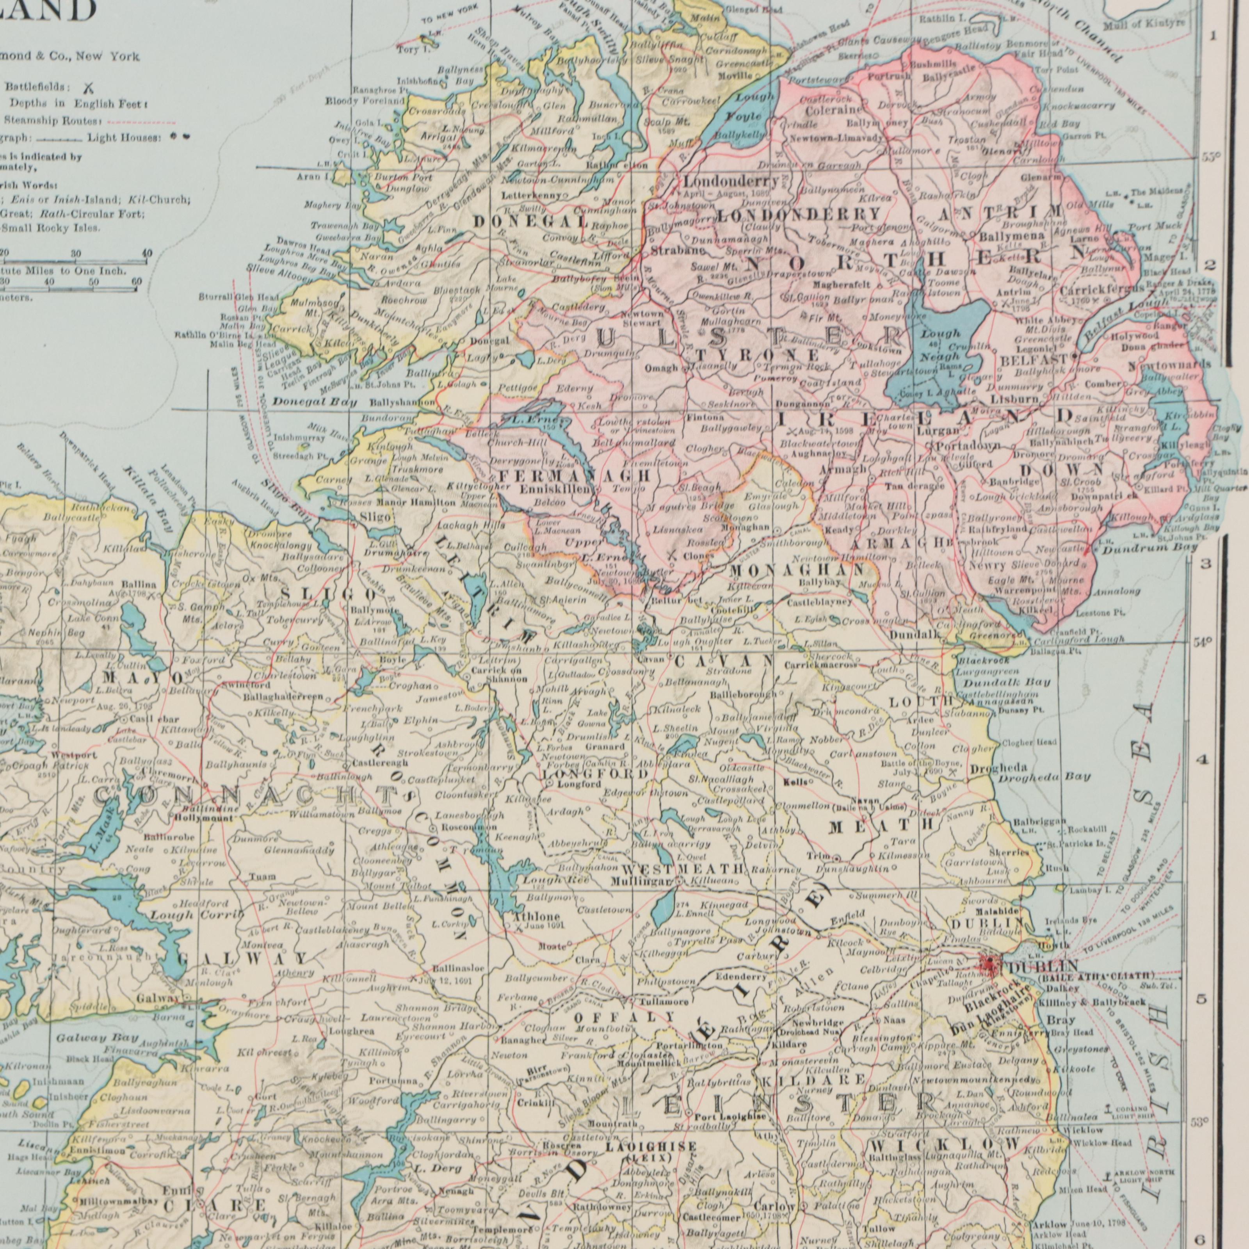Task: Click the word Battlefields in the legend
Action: click(34, 87)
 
